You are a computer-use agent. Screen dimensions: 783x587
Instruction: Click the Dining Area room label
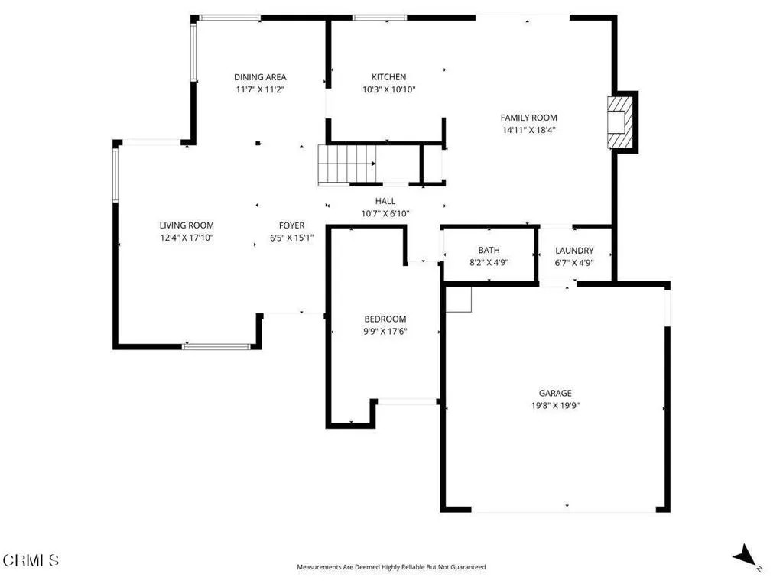[x=260, y=77]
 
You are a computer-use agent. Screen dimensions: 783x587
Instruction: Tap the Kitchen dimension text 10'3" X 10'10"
[x=389, y=90]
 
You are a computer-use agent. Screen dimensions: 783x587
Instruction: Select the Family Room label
[x=529, y=118]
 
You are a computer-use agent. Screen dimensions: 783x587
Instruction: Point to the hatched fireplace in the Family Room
[x=620, y=122]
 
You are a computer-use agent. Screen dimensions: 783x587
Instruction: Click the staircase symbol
[x=347, y=165]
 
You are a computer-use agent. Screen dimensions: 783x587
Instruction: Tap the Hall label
[x=385, y=201]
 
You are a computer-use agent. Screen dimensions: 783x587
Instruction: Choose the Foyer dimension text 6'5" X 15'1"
[x=291, y=238]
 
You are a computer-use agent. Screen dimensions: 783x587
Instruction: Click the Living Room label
[x=187, y=225]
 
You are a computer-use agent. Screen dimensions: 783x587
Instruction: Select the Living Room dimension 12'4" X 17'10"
[x=187, y=238]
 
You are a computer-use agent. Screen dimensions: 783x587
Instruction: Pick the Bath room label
[x=489, y=250]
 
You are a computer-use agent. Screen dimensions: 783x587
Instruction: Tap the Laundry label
[x=574, y=251]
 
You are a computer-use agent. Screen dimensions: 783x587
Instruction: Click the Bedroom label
[x=385, y=319]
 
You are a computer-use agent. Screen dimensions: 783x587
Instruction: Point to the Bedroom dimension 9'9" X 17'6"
[x=385, y=332]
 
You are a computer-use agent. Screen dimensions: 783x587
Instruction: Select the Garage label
[x=555, y=394]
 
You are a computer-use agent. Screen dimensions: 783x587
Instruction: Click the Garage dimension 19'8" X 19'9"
[x=555, y=406]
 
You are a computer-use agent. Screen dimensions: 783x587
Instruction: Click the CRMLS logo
[x=31, y=560]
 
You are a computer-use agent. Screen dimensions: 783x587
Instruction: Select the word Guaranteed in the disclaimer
[x=468, y=567]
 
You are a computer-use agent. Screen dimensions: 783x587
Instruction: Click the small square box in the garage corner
[x=459, y=300]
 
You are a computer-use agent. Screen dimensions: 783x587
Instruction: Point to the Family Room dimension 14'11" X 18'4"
[x=529, y=130]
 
